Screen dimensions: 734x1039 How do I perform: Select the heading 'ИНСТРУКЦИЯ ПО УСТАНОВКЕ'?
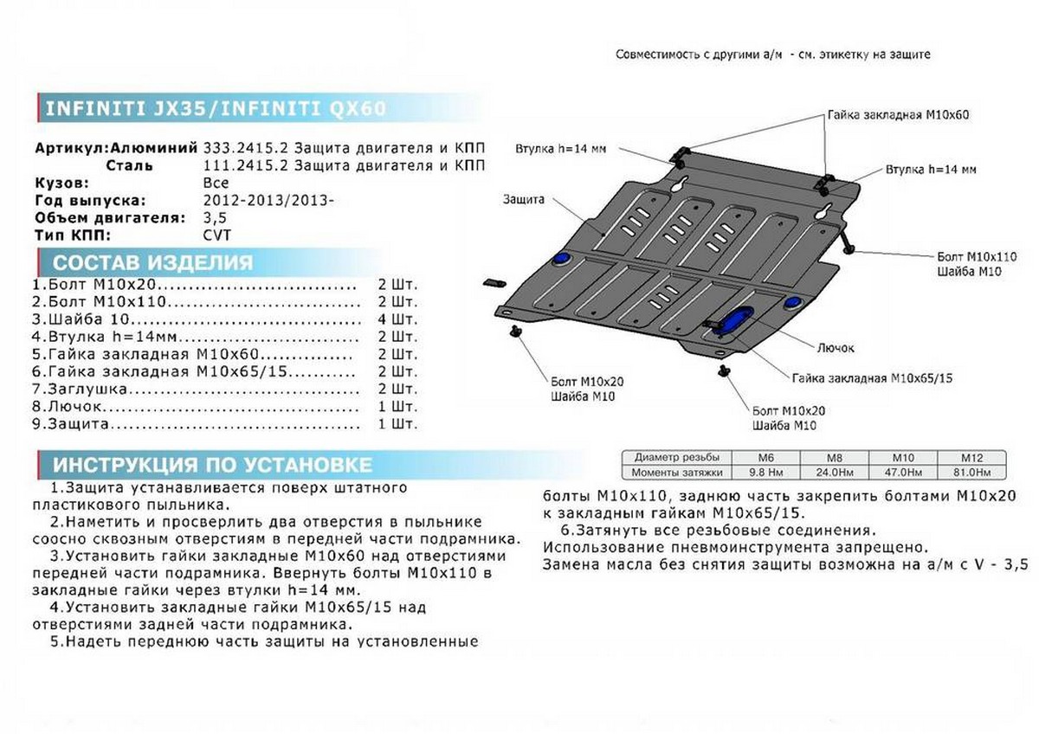coord(212,465)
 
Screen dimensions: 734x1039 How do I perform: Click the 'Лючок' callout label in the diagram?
coord(836,348)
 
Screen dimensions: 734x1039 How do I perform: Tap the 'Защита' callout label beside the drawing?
coord(523,200)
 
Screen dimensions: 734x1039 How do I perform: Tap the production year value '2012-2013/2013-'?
coord(265,200)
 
